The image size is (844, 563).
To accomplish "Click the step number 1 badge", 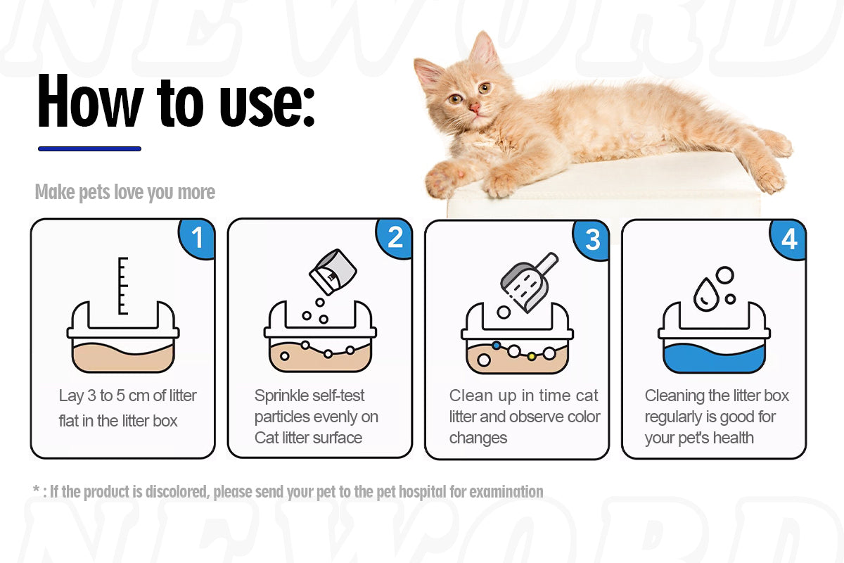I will pyautogui.click(x=198, y=238).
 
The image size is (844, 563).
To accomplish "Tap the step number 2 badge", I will pyautogui.click(x=395, y=238).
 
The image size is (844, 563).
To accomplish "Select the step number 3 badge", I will pyautogui.click(x=593, y=239).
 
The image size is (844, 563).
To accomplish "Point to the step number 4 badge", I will pyautogui.click(x=789, y=239).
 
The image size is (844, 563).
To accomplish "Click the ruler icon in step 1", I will pyautogui.click(x=123, y=285).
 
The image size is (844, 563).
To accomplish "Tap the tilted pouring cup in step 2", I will pyautogui.click(x=328, y=272).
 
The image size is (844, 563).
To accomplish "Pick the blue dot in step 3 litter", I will pyautogui.click(x=497, y=346).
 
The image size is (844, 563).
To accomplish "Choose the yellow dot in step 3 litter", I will pyautogui.click(x=532, y=356).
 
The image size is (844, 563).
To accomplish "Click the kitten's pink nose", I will pyautogui.click(x=475, y=108).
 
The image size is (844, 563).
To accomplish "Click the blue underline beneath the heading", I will pyautogui.click(x=89, y=148).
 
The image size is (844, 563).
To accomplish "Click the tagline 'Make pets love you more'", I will pyautogui.click(x=125, y=192).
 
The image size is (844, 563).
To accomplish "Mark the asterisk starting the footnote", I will pyautogui.click(x=36, y=490).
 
